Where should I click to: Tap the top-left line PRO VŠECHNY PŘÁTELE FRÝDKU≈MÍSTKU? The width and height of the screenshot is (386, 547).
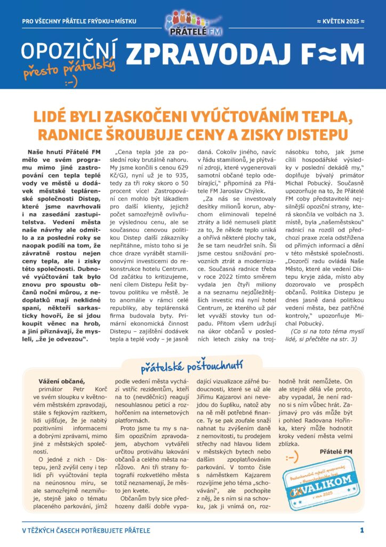[x=79, y=21]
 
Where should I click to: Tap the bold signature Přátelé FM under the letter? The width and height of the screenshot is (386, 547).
[x=336, y=452]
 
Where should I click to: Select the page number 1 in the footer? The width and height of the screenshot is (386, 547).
[x=361, y=530]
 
